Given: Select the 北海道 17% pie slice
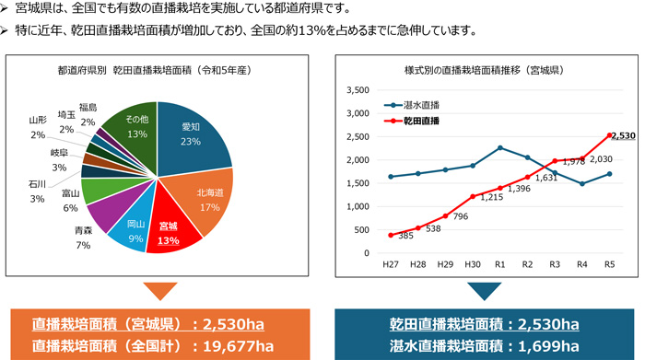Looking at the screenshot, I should (208, 200).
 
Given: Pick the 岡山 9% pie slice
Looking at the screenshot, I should (135, 231).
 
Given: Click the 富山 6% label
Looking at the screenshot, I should (70, 200).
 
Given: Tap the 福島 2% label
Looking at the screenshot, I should (88, 114).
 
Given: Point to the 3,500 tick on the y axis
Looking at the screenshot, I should (355, 90).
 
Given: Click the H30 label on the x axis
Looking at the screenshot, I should (472, 264).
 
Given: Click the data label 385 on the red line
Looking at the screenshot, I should (405, 237).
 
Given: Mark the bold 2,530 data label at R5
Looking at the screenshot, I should (623, 136).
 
